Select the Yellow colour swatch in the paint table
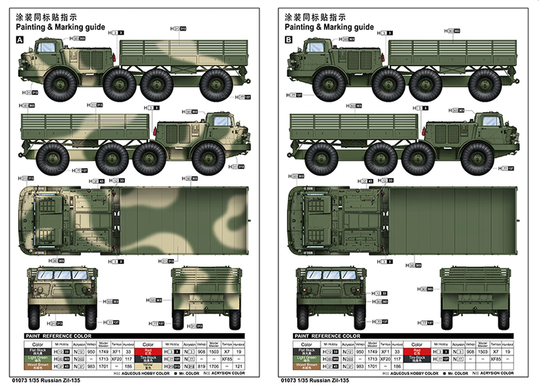148,366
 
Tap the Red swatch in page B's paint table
416,351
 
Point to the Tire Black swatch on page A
148,358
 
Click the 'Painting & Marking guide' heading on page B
329,27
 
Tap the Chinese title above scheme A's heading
46,17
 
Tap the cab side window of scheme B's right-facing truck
492,121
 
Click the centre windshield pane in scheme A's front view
62,275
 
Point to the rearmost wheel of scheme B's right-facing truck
321,159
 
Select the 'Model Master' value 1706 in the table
214,366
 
